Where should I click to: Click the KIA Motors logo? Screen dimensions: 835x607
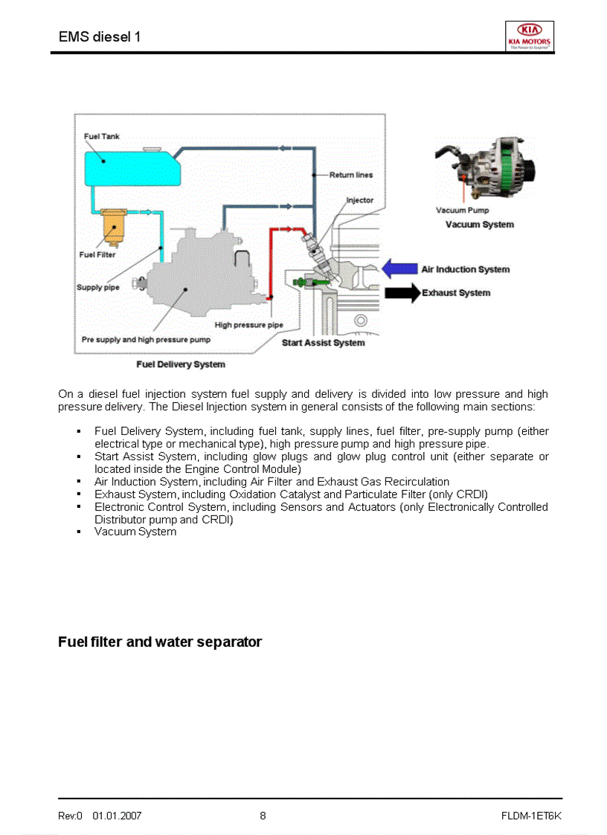point(529,36)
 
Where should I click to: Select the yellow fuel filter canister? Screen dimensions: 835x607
point(113,226)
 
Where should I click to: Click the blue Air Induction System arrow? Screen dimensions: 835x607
point(399,269)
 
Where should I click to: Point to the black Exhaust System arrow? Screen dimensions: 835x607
point(402,293)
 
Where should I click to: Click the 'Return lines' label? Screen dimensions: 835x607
point(351,175)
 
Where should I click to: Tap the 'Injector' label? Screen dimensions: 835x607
point(360,201)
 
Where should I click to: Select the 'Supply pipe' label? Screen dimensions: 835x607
point(98,288)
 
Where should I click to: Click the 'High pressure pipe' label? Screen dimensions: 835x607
point(248,325)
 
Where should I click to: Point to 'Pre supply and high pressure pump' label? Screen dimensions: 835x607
point(146,340)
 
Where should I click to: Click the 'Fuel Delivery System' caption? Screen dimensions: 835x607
point(181,364)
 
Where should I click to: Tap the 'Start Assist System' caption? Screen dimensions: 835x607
point(323,343)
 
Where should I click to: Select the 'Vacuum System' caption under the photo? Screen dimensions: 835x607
point(479,225)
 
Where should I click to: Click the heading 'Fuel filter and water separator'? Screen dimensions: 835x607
point(160,642)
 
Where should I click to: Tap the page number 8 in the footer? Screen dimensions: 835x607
point(263,816)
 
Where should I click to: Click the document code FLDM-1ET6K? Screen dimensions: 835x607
point(531,816)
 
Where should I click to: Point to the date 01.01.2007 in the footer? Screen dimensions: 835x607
point(117,816)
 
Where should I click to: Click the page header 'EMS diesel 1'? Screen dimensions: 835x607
point(100,36)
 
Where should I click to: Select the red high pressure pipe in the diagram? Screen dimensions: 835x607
point(272,260)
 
